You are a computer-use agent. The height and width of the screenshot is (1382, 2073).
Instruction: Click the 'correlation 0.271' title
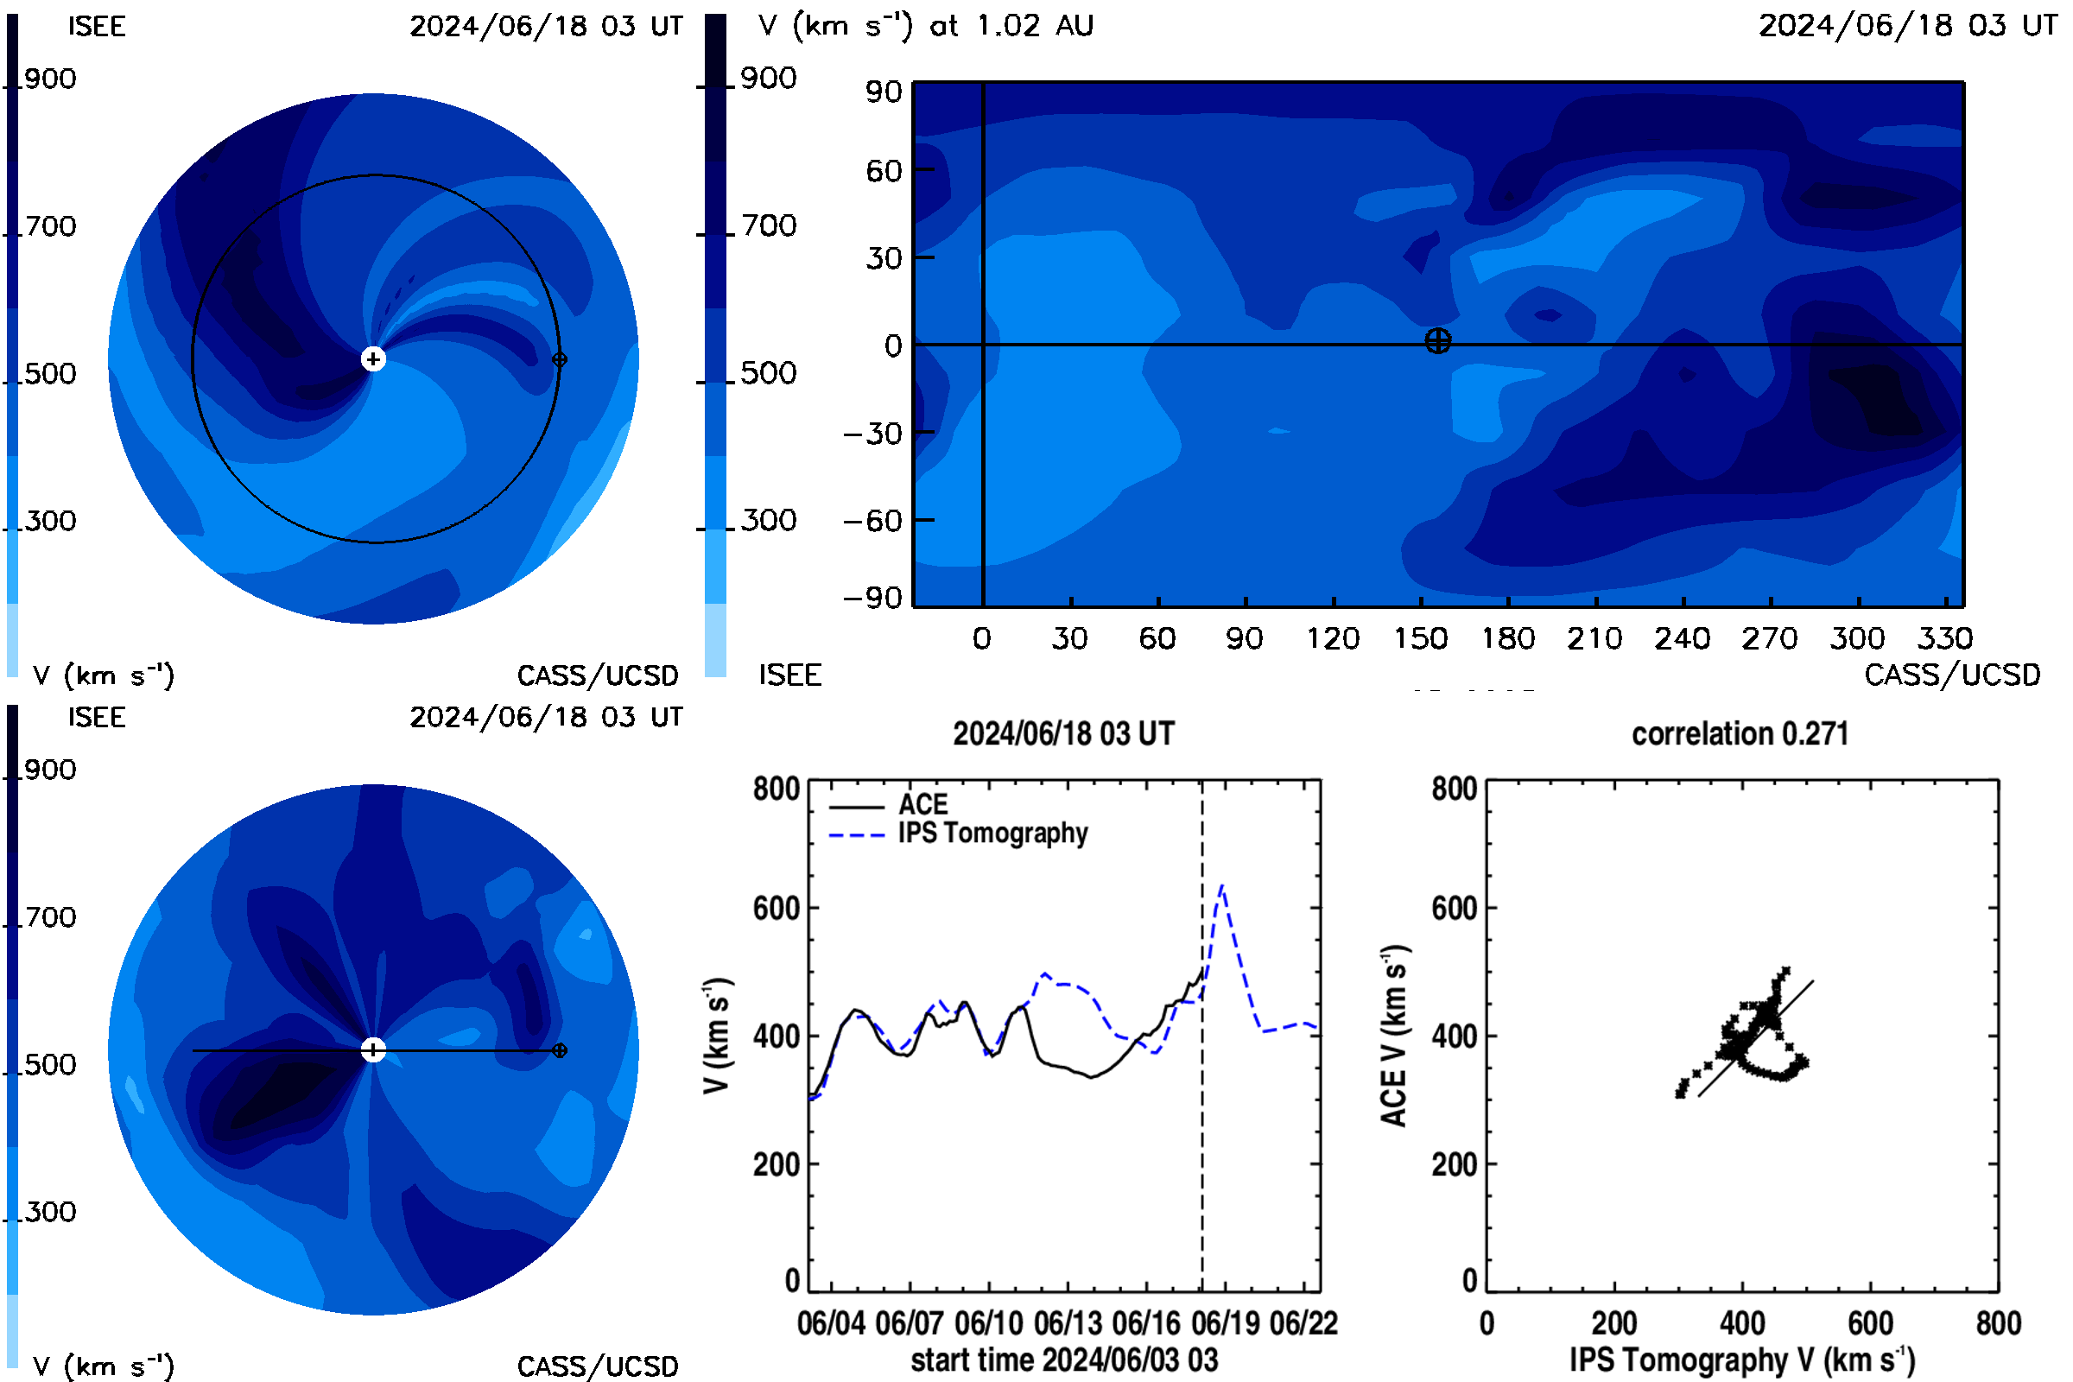(x=1740, y=734)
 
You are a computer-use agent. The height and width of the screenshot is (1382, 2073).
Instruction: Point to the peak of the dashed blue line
(x=1221, y=884)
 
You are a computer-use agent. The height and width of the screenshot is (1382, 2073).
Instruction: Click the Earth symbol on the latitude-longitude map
(x=1437, y=341)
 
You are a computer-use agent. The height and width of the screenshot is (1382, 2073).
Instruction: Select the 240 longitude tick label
(x=1682, y=638)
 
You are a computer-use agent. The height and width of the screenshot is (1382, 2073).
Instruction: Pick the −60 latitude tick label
(x=873, y=521)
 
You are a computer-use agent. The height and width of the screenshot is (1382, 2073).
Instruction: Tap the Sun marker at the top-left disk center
(x=374, y=359)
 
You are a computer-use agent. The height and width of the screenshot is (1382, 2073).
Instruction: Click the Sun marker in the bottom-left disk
(x=374, y=1050)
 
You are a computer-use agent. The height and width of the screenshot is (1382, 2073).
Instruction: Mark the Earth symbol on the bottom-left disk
(x=559, y=1050)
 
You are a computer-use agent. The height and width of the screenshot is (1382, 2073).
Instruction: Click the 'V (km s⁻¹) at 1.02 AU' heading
(x=926, y=26)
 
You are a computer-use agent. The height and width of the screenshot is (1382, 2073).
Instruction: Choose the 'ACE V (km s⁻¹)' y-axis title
(x=1394, y=1036)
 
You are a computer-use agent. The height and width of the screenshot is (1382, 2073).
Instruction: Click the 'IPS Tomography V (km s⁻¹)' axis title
(x=1742, y=1360)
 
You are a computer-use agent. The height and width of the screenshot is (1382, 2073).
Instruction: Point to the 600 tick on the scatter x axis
(x=1870, y=1323)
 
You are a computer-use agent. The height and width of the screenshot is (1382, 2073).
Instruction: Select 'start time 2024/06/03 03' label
(x=1065, y=1360)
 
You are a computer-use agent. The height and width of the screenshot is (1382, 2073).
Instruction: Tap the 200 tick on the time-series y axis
(x=777, y=1164)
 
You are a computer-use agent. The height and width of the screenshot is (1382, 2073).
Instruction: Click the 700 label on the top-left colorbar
(x=50, y=226)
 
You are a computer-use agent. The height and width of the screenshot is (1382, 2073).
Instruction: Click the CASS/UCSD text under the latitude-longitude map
(x=1952, y=675)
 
